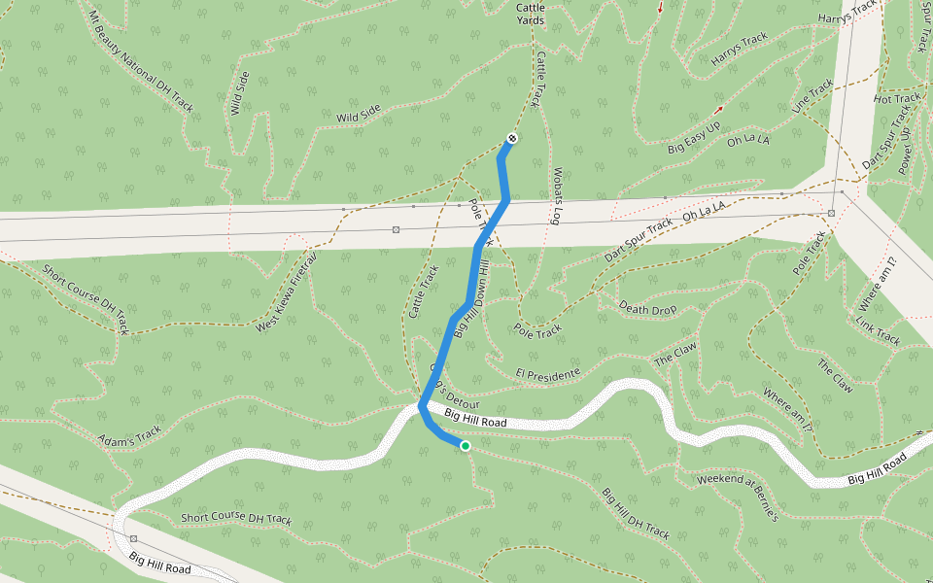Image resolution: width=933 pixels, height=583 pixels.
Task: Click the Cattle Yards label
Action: (530, 13)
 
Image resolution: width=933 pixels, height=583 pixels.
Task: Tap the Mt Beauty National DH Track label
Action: (142, 60)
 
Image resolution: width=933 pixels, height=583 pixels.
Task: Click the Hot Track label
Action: (896, 98)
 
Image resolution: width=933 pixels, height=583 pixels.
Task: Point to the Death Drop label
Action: (647, 310)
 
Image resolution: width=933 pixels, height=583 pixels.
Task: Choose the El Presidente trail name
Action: (548, 374)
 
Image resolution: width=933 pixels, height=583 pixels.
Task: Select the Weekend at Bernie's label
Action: (739, 496)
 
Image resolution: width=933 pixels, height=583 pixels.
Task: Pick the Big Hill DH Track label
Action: (636, 513)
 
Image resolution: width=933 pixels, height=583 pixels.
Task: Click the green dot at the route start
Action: (466, 446)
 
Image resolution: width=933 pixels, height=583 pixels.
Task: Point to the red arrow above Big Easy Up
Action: (719, 109)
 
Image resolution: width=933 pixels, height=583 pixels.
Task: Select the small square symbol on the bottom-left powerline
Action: (133, 537)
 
